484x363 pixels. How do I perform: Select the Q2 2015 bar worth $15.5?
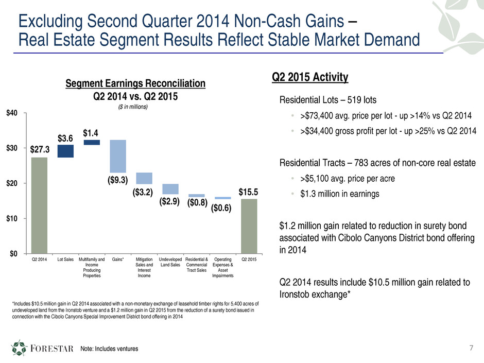pos(249,226)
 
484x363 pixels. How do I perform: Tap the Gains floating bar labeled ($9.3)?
pos(118,156)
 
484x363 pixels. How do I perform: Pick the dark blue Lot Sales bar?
pos(65,151)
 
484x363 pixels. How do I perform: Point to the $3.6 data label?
pos(65,138)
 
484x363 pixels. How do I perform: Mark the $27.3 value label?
pos(39,150)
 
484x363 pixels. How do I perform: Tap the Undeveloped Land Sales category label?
pos(170,262)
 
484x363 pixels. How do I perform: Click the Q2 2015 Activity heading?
pos(309,77)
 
